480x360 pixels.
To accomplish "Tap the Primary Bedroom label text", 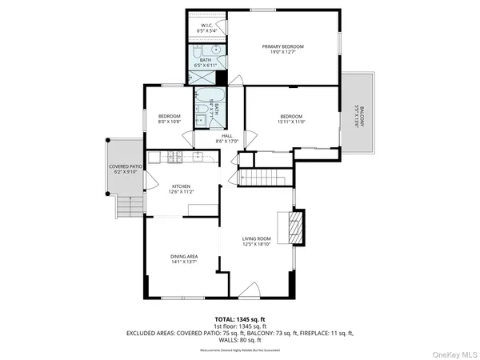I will coord(283,46).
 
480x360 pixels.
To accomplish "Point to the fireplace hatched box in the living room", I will coord(296,226).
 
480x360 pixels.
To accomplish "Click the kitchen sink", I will coord(194,156).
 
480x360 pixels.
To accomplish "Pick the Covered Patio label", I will coord(125,166).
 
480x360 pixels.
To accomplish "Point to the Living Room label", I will coord(257,238).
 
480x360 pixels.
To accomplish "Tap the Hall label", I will coord(226,136).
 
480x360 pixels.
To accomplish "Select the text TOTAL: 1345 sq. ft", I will coord(241,318).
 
